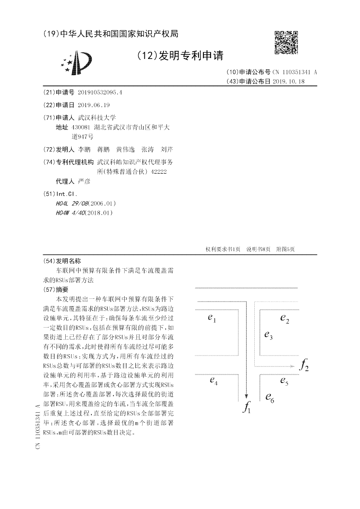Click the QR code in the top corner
[286, 42]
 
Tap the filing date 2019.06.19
[94, 105]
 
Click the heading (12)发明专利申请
[180, 55]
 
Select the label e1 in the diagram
[212, 319]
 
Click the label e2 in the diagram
[284, 319]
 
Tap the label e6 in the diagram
[270, 397]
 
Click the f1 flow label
[247, 408]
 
